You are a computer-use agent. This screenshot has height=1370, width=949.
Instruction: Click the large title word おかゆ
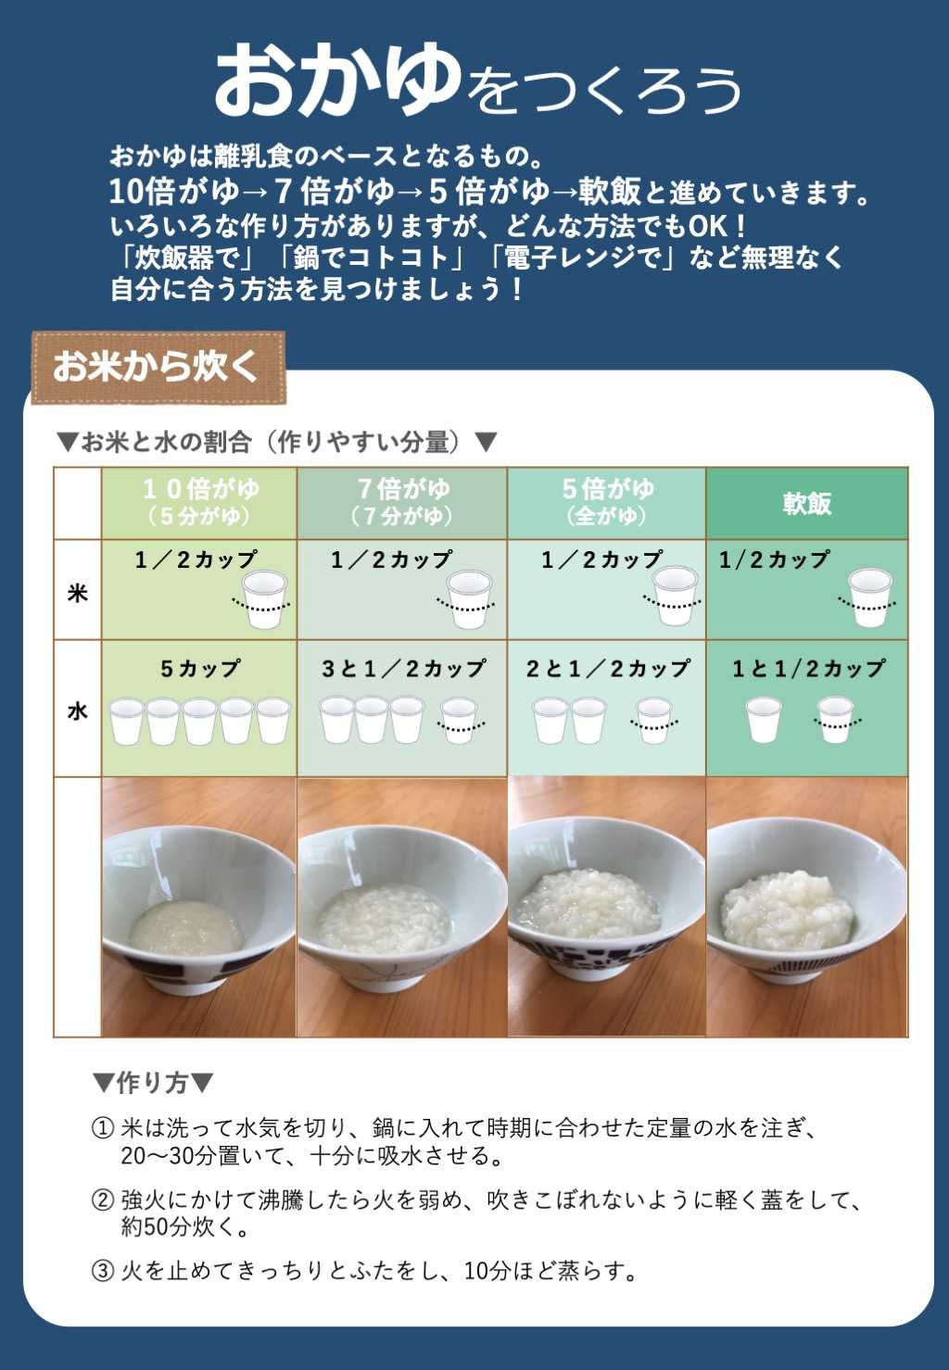pyautogui.click(x=337, y=81)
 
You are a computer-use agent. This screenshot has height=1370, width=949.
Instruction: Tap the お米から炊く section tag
pyautogui.click(x=156, y=367)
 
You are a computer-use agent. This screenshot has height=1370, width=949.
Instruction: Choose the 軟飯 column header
pyautogui.click(x=806, y=503)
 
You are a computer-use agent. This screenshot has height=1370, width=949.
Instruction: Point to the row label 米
pyautogui.click(x=77, y=592)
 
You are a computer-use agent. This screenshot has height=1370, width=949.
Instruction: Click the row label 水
pyautogui.click(x=77, y=710)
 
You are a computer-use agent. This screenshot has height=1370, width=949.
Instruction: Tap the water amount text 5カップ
pyautogui.click(x=200, y=668)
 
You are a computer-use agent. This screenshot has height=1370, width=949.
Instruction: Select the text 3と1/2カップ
pyautogui.click(x=403, y=668)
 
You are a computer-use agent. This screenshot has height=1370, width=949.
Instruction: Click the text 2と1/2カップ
pyautogui.click(x=608, y=668)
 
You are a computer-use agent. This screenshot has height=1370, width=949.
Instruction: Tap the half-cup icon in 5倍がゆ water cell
pyautogui.click(x=654, y=721)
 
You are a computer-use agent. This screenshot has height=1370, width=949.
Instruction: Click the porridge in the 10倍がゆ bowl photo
pyautogui.click(x=185, y=926)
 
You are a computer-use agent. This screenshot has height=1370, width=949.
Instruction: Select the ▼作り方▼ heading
pyautogui.click(x=154, y=1082)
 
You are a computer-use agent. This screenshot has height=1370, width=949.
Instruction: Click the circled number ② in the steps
pyautogui.click(x=102, y=1200)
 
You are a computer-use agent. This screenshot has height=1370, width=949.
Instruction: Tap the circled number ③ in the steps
pyautogui.click(x=102, y=1271)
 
